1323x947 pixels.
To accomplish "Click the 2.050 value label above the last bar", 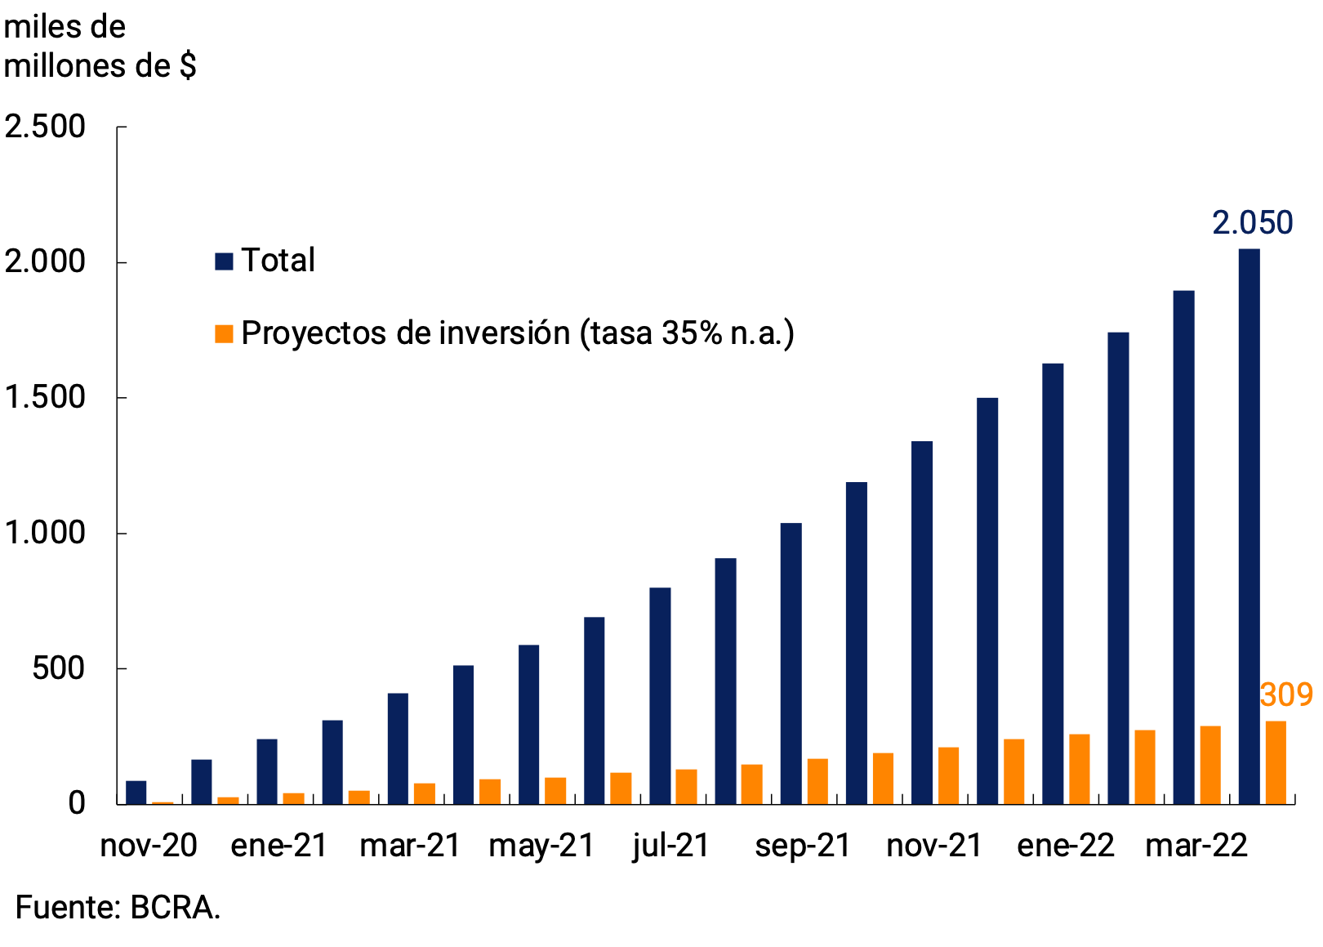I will (x=1252, y=223).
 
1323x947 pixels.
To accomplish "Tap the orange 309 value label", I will (x=1285, y=695).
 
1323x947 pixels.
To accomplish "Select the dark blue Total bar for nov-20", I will (x=136, y=793).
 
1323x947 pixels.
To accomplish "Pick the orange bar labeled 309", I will (x=1276, y=762).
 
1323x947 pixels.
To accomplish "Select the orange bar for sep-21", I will (x=817, y=781).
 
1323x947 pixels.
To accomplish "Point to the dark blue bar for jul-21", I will (x=660, y=695).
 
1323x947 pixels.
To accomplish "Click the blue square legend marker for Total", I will (x=224, y=261).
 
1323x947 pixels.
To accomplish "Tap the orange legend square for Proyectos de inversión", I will (x=224, y=333).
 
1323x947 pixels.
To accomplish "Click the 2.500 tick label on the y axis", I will (x=45, y=127).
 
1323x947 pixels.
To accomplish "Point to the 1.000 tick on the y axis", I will (x=45, y=534).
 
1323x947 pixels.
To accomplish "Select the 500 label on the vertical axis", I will (x=58, y=669).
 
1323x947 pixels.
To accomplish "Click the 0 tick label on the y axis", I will (x=77, y=804).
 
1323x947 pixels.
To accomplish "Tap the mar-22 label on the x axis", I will (x=1196, y=846).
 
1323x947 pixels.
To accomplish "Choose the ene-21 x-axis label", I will (x=279, y=846).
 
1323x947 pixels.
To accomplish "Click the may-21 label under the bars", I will (x=541, y=846).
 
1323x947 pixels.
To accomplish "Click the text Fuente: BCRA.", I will (x=118, y=908).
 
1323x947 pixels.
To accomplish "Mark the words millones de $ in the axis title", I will (x=100, y=66).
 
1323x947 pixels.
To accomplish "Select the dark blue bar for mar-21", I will (x=399, y=748).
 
